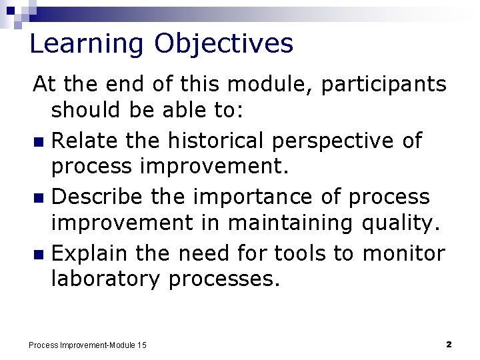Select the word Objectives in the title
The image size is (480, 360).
[x=223, y=44]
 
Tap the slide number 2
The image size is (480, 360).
[x=449, y=344]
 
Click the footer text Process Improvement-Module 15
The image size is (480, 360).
[x=87, y=345]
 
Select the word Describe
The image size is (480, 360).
[x=97, y=197]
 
